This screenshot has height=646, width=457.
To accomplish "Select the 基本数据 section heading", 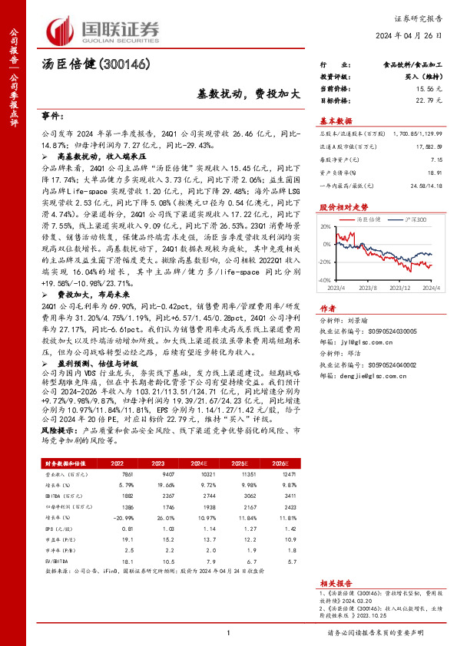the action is tap(336, 120).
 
